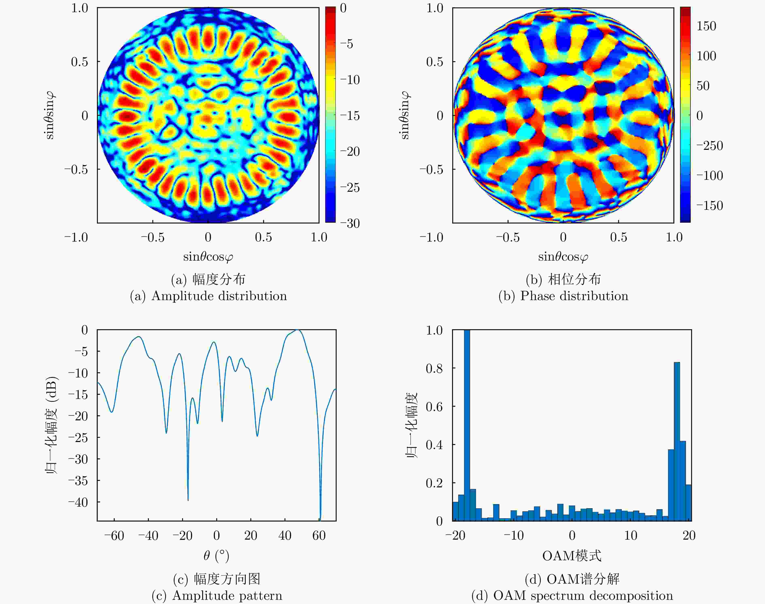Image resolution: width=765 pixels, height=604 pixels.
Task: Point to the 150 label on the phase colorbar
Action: coord(706,26)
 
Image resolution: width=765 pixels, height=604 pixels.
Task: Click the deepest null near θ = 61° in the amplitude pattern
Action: coord(320,518)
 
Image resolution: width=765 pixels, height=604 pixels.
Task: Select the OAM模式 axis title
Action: coord(572,556)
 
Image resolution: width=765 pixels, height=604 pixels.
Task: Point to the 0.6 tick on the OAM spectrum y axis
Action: coord(434,406)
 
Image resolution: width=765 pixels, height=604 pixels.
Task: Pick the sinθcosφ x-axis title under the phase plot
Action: coord(563,257)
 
